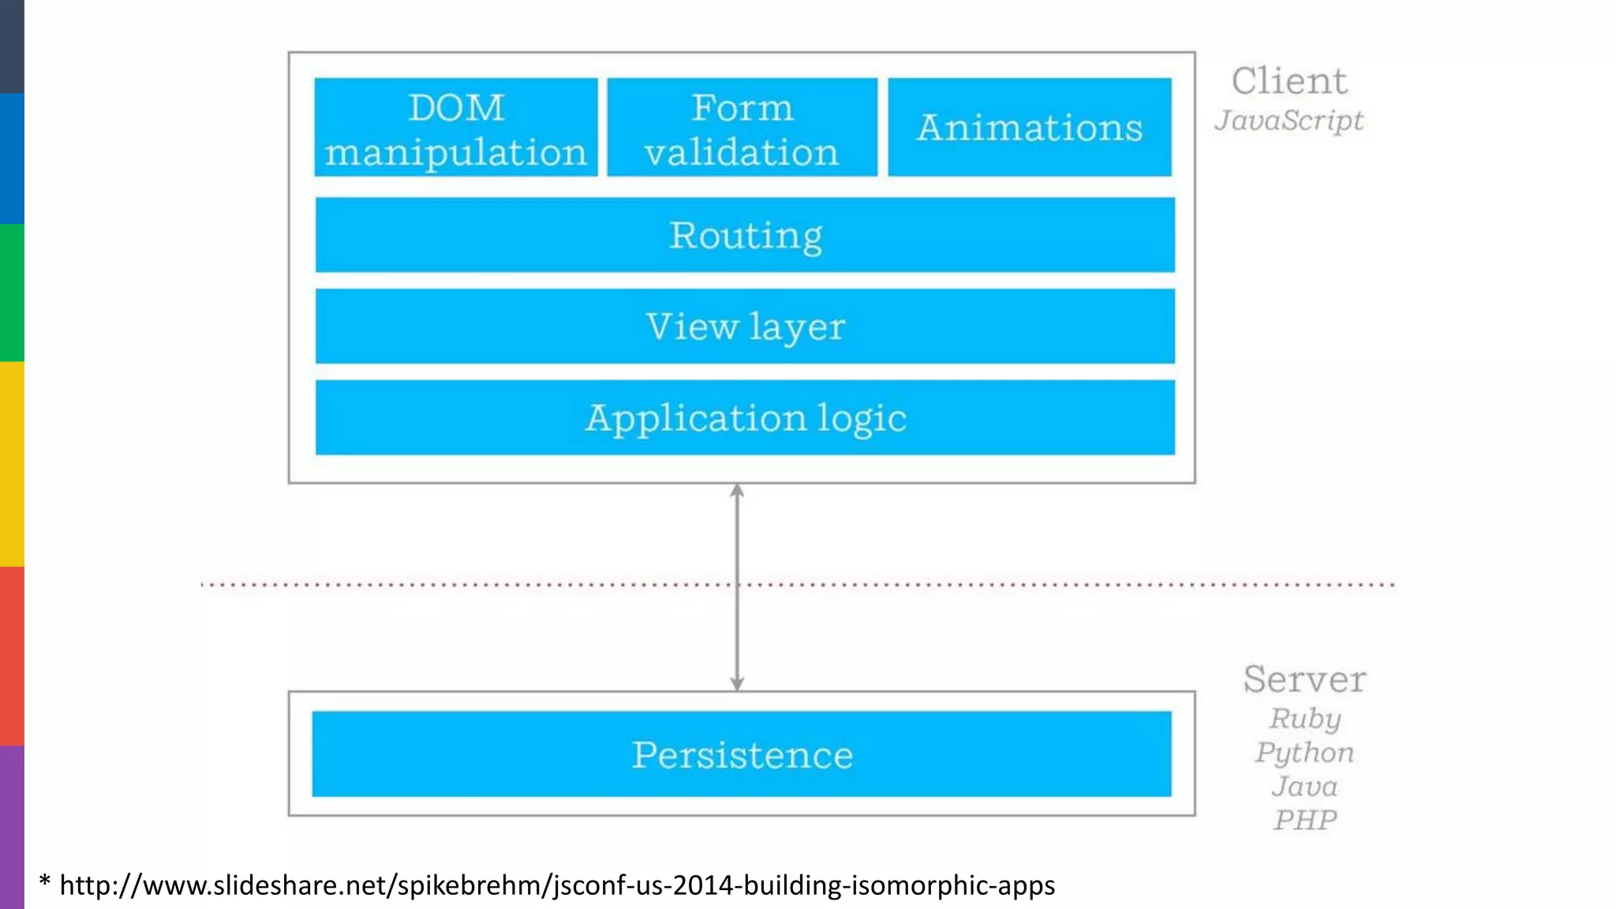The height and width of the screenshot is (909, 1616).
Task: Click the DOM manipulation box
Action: pyautogui.click(x=456, y=127)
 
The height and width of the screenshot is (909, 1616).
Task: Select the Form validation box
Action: pyautogui.click(x=742, y=127)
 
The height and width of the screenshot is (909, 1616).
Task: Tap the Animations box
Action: pyautogui.click(x=1030, y=127)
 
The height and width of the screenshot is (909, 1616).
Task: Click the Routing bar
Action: pyautogui.click(x=745, y=235)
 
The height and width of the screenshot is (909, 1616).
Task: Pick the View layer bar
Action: pyautogui.click(x=745, y=326)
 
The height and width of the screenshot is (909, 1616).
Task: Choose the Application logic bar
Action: pyautogui.click(x=745, y=417)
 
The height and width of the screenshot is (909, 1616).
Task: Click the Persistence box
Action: pyautogui.click(x=742, y=754)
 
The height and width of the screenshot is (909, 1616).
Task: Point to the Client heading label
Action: pyautogui.click(x=1289, y=81)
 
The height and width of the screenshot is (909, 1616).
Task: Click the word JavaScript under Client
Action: pyautogui.click(x=1289, y=121)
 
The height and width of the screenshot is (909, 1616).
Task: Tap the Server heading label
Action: pyautogui.click(x=1304, y=679)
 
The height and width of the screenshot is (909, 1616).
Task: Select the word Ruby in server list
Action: pyautogui.click(x=1305, y=719)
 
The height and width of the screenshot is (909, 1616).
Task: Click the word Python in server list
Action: pyautogui.click(x=1305, y=753)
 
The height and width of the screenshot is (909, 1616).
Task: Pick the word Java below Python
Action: pyautogui.click(x=1305, y=787)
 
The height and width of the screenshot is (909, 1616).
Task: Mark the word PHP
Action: pyautogui.click(x=1305, y=821)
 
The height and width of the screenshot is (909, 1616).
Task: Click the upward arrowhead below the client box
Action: pyautogui.click(x=737, y=491)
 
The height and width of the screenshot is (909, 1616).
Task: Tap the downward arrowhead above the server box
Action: pyautogui.click(x=737, y=683)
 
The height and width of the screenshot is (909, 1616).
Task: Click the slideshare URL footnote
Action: pyautogui.click(x=557, y=885)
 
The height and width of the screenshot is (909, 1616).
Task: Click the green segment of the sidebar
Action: pyautogui.click(x=12, y=292)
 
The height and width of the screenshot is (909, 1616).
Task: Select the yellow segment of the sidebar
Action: pyautogui.click(x=12, y=463)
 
